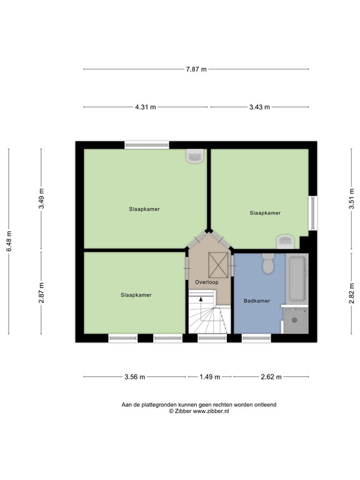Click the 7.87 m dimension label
coord(196,69)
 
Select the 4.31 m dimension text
coord(146,107)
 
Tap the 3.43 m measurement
coord(259,107)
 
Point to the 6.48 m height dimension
coord(9,241)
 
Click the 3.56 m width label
coord(135,377)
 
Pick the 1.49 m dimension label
coord(210,377)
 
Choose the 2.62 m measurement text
coord(271,377)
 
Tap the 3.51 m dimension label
coord(351,198)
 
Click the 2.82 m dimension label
coord(351,293)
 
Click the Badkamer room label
coord(257,301)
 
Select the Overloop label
coord(207,282)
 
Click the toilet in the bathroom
coord(269,264)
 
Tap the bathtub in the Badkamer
coord(297,279)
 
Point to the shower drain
coord(294,320)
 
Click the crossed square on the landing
coord(218,265)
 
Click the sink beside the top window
coord(195,156)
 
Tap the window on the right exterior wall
coord(312,213)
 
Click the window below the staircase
coord(212,338)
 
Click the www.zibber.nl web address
coord(211,411)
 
